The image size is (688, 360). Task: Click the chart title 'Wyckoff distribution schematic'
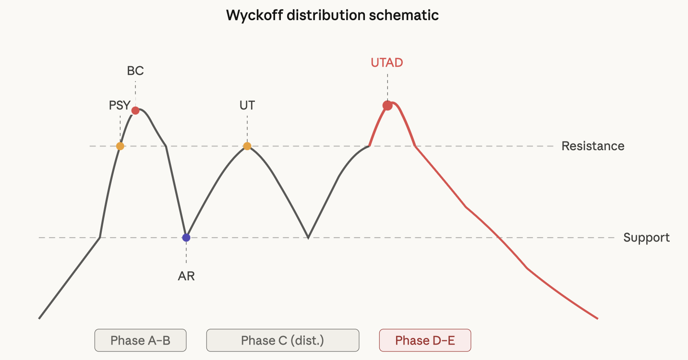[332, 15]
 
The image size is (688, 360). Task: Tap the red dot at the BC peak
[135, 110]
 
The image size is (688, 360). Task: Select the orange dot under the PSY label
[120, 146]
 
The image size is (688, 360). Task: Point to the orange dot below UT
[247, 146]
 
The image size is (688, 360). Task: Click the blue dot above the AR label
[186, 238]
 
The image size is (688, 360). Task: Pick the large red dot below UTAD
[387, 106]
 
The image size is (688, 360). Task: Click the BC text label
[135, 71]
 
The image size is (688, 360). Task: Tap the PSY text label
[120, 105]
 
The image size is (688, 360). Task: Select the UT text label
[247, 105]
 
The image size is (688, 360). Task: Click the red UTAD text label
[387, 63]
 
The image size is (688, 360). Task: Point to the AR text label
[186, 276]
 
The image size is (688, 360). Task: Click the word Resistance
[593, 146]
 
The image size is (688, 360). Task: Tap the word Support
[647, 238]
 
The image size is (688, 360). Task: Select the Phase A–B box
[140, 340]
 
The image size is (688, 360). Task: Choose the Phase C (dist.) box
[283, 340]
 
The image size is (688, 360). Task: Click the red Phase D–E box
[425, 340]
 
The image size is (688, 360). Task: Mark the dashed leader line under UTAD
[387, 87]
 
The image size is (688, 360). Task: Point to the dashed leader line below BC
[135, 94]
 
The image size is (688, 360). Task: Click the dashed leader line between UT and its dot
[247, 129]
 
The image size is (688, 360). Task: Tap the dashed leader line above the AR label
[186, 253]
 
